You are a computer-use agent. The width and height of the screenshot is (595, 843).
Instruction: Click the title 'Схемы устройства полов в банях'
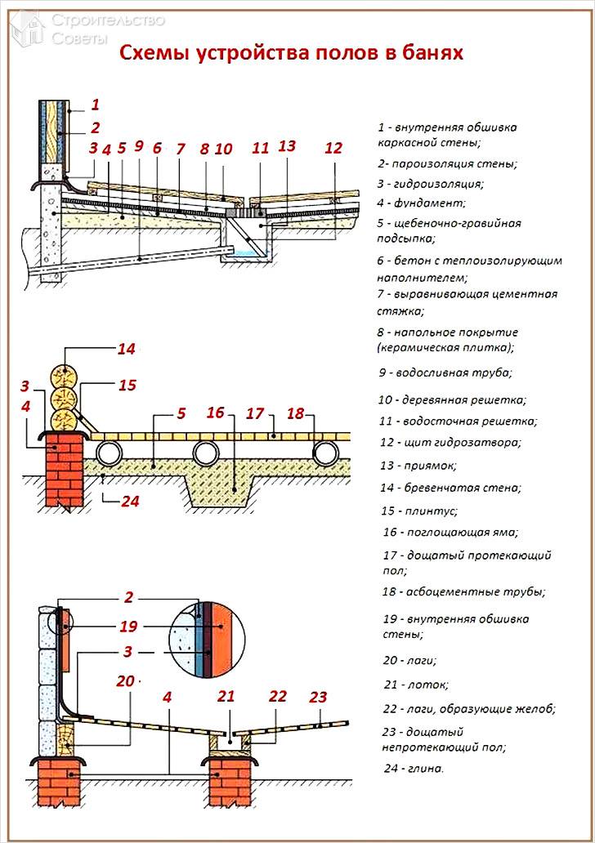(x=292, y=54)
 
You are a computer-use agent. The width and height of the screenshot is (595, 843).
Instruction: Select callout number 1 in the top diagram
(x=95, y=104)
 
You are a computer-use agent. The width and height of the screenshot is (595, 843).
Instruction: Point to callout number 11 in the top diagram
(x=260, y=149)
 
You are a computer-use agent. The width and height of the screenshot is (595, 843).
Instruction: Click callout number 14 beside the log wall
(x=125, y=349)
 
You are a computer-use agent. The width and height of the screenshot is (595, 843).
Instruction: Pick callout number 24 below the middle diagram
(x=129, y=502)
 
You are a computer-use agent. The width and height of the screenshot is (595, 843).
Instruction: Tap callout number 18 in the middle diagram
(x=295, y=414)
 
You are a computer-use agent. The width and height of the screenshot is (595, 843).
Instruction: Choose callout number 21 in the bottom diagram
(x=226, y=697)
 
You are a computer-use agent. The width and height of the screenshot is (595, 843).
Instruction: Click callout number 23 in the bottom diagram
(x=318, y=697)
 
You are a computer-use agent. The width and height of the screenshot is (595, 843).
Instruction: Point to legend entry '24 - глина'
(x=414, y=768)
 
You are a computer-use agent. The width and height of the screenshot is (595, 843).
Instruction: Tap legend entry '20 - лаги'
(x=409, y=659)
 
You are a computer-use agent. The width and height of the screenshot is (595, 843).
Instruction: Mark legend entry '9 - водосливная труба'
(x=445, y=372)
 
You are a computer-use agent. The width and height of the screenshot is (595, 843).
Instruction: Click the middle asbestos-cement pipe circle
(x=207, y=453)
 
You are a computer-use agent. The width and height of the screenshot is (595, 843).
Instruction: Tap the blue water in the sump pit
(x=241, y=256)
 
